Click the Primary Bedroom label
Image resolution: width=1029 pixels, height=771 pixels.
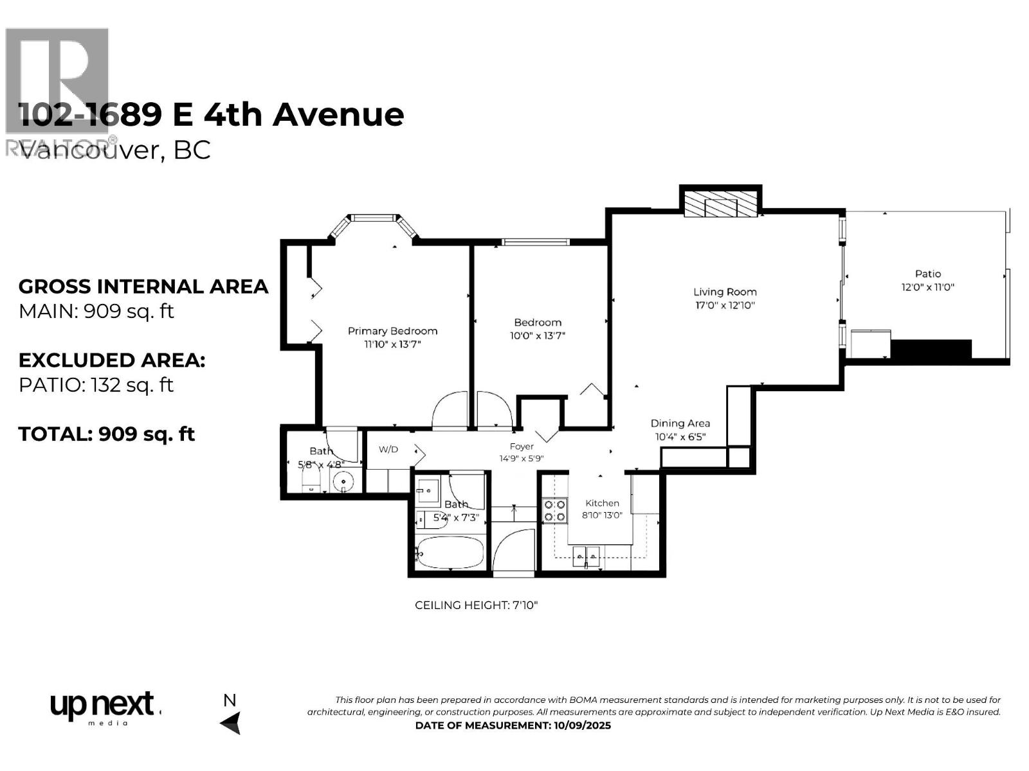coord(392,331)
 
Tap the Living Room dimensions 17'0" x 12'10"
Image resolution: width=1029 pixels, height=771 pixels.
coord(724,306)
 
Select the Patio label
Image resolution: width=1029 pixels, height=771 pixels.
coord(927,274)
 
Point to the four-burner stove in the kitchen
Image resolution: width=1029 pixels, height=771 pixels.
coord(555,511)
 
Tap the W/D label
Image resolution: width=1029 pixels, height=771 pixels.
coord(388,450)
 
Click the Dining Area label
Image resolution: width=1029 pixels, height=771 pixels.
coord(680,423)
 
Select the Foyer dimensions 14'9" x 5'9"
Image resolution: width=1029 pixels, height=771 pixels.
coord(522,459)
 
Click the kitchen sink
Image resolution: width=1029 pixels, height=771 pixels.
coord(586,554)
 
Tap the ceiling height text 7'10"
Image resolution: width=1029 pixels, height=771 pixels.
coord(521,605)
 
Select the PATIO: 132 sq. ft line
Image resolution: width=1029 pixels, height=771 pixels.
coord(96,385)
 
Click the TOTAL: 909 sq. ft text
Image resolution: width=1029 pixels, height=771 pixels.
coord(107,434)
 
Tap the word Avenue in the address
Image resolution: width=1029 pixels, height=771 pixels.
coord(338,114)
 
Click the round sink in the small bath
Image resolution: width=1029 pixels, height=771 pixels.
coord(344,481)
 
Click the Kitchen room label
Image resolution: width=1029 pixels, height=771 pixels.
coord(602,503)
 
